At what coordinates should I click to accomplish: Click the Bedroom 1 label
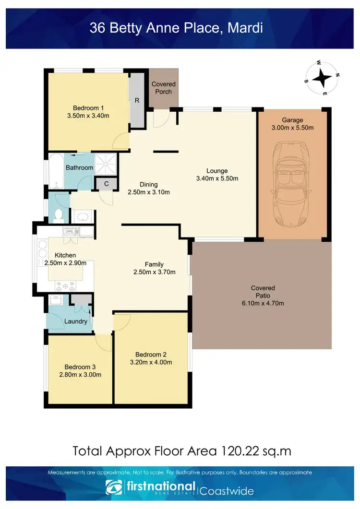click(88, 107)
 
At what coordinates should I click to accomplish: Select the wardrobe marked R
click(137, 101)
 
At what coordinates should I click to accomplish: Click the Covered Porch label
click(164, 87)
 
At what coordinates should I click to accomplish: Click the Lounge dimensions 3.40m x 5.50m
click(217, 178)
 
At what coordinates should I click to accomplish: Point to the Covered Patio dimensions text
click(263, 303)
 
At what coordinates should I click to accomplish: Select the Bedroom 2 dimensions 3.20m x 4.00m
click(151, 362)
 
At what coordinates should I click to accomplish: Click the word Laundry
click(76, 321)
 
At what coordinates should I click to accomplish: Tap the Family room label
click(154, 264)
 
